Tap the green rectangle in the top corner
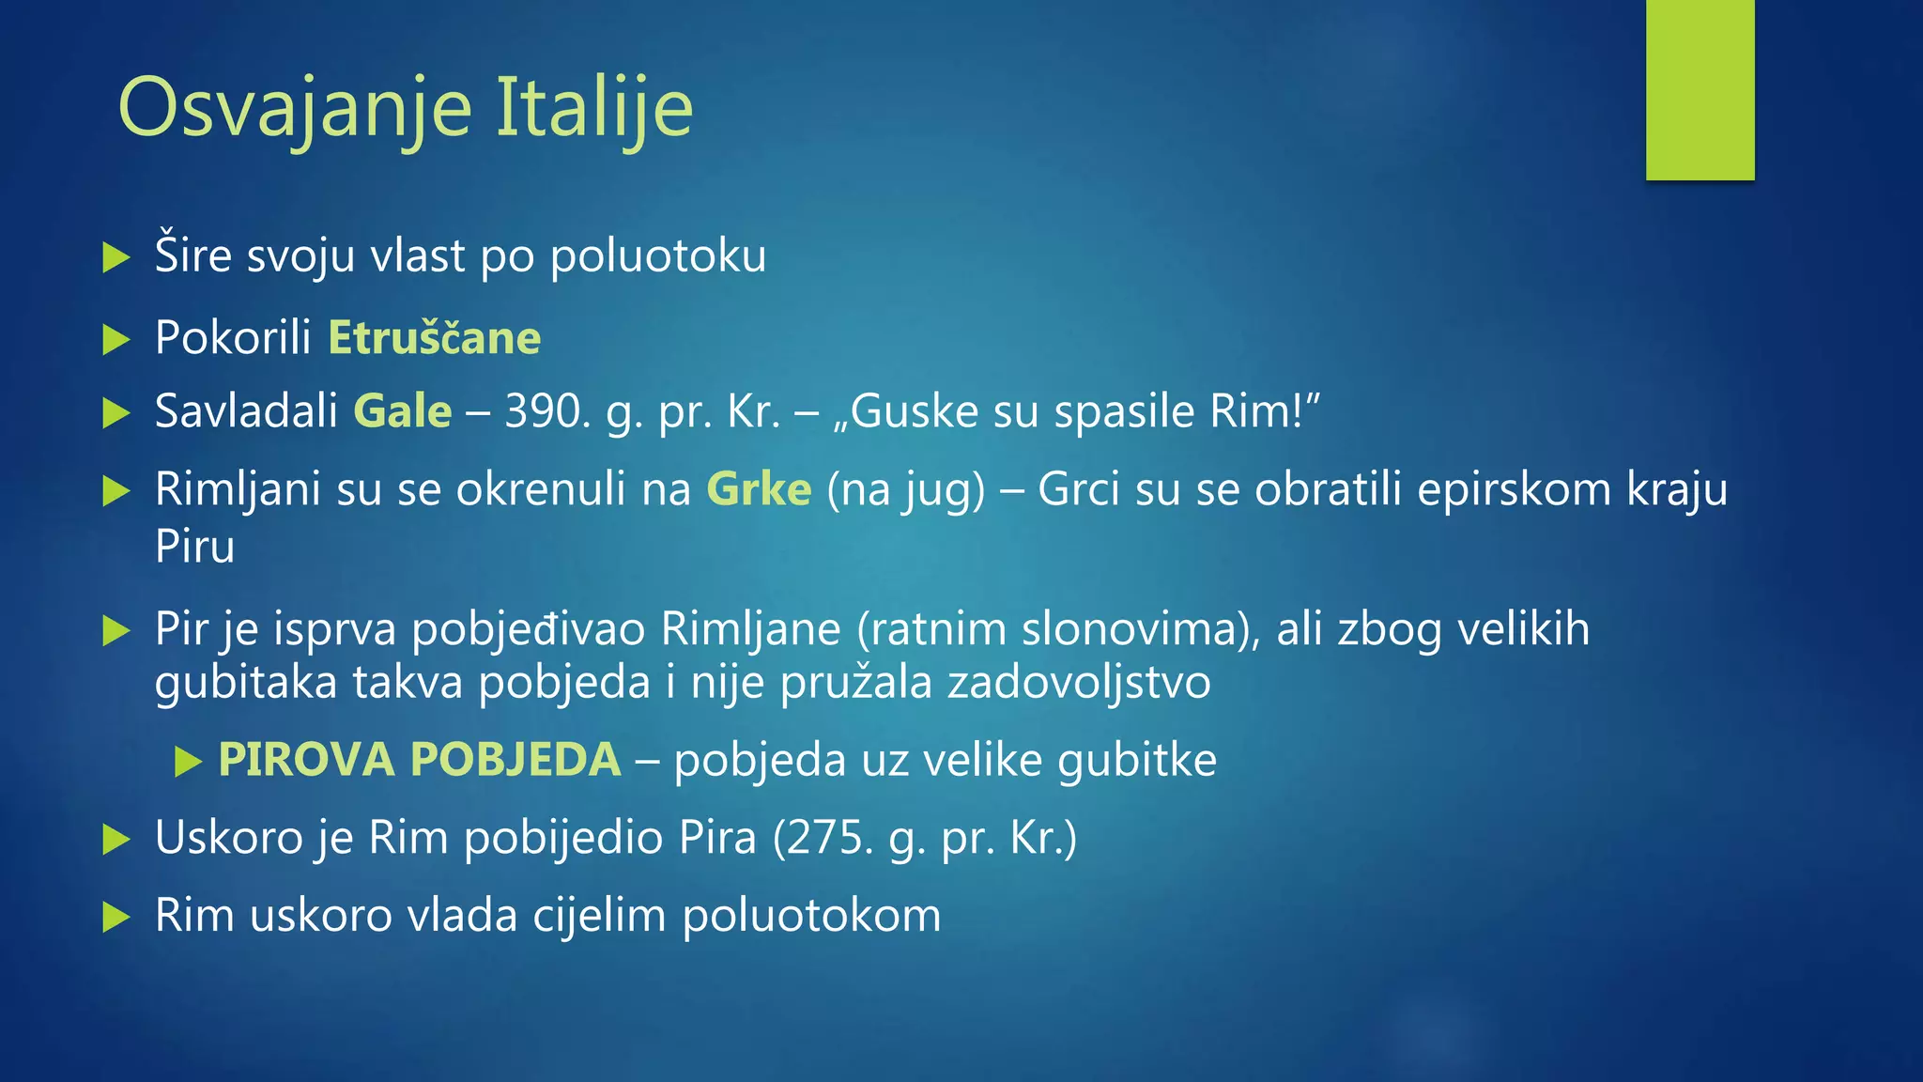click(x=1700, y=89)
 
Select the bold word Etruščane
click(x=434, y=338)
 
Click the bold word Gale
click(x=403, y=411)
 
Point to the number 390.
click(x=541, y=411)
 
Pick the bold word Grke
click(x=759, y=489)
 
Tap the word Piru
click(x=194, y=547)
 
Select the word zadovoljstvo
click(x=1079, y=682)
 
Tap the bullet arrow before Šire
click(x=115, y=257)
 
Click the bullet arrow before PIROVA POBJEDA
click(x=188, y=762)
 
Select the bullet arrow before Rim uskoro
click(x=115, y=917)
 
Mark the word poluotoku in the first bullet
click(x=658, y=256)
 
